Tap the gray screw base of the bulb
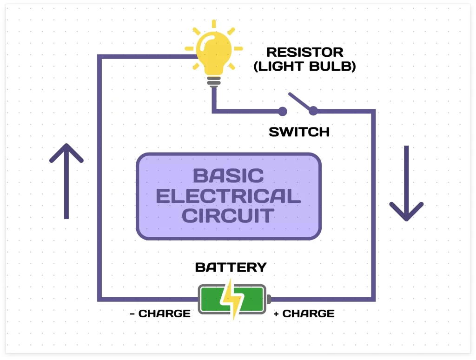(x=214, y=81)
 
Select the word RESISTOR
(x=304, y=52)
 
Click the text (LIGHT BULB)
(x=304, y=67)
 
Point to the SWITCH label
(x=299, y=132)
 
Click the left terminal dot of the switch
(x=282, y=111)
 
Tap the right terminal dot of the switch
(x=313, y=111)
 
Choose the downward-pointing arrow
(x=406, y=183)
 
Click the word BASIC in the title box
(x=228, y=176)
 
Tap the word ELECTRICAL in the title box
(x=228, y=196)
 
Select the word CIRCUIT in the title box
(x=228, y=216)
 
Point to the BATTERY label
(x=231, y=267)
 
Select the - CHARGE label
(x=160, y=313)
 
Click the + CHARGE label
(x=304, y=313)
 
